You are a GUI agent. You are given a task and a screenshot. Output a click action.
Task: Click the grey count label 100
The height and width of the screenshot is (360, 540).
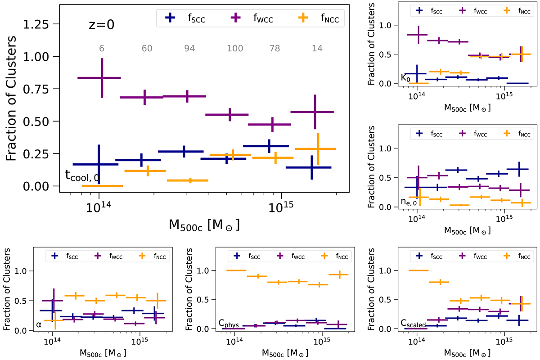pos(229,49)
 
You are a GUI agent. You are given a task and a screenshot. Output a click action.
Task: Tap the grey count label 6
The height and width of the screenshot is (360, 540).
pos(102,49)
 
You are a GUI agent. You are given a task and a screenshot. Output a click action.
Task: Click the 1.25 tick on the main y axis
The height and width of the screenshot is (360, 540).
pos(45,24)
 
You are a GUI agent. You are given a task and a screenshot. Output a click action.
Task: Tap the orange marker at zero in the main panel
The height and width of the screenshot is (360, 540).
pos(102,186)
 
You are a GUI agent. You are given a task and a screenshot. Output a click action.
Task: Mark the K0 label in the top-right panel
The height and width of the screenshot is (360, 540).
pos(405,77)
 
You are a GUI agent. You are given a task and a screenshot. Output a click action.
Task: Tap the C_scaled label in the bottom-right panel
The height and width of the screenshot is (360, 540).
pos(413,323)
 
